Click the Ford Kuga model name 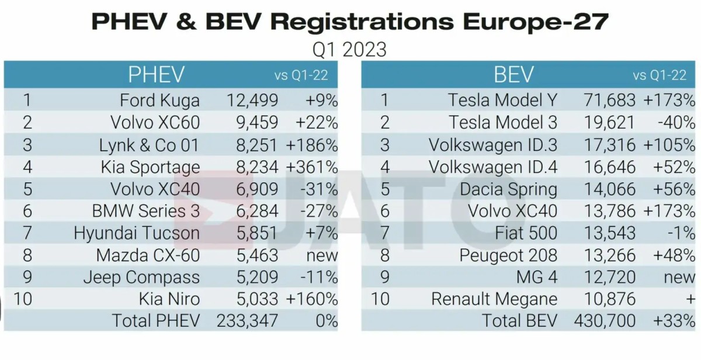pyautogui.click(x=159, y=101)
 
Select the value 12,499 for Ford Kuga pyautogui.click(x=252, y=101)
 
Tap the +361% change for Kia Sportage pyautogui.click(x=311, y=167)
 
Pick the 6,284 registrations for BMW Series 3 pyautogui.click(x=252, y=211)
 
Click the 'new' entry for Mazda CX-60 pyautogui.click(x=322, y=255)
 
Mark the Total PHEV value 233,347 pyautogui.click(x=247, y=321)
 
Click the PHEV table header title pyautogui.click(x=156, y=75)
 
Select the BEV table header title pyautogui.click(x=513, y=75)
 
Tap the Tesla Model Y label pyautogui.click(x=502, y=101)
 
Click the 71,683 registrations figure pyautogui.click(x=609, y=101)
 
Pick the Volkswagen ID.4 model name pyautogui.click(x=493, y=167)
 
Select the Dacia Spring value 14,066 pyautogui.click(x=609, y=189)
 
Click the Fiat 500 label pyautogui.click(x=526, y=233)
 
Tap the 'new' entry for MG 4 pyautogui.click(x=679, y=278)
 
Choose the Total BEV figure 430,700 pyautogui.click(x=606, y=321)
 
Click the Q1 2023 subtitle pyautogui.click(x=349, y=49)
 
